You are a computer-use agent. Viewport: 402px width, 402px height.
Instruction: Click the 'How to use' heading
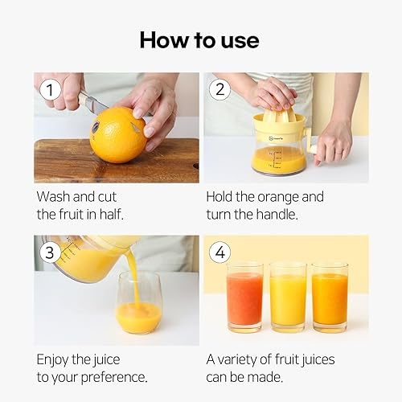200,39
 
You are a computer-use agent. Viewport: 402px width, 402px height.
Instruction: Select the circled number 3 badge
50,252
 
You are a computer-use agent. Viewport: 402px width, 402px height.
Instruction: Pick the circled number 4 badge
219,252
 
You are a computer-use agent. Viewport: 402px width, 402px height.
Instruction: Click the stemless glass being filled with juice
138,304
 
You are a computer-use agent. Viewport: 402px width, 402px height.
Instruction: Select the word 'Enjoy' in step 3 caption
55,359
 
